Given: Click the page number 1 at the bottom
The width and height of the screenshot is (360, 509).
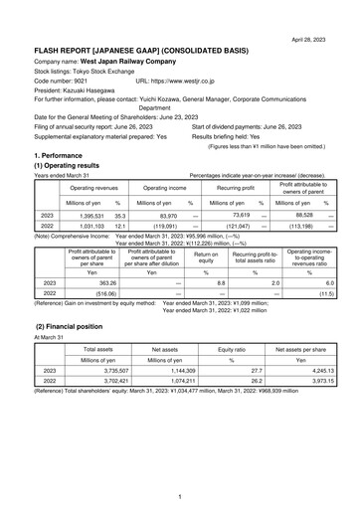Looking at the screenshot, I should (x=180, y=495).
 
